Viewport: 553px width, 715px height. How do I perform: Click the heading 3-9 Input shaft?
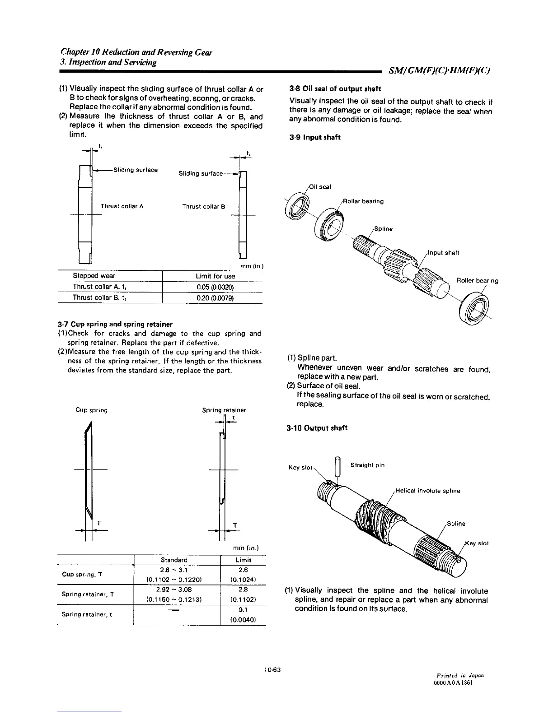315,137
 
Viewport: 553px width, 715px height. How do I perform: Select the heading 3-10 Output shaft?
317,428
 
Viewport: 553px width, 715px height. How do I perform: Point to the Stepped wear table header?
94,276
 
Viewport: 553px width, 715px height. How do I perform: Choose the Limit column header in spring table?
244,560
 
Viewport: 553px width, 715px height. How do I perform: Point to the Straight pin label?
367,465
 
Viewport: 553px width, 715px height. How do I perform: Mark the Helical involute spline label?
427,491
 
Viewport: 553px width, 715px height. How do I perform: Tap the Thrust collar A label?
122,206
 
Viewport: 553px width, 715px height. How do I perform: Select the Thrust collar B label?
203,207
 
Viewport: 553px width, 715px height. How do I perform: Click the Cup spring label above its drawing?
91,410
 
